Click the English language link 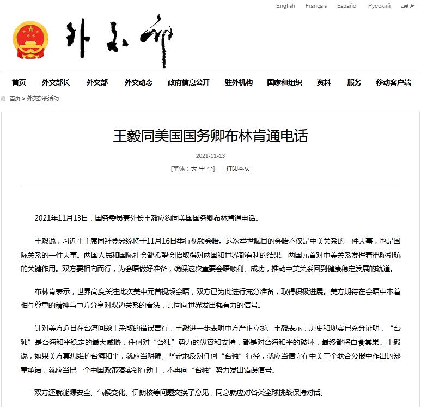click(285, 6)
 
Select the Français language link click(316, 6)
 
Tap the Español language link click(347, 6)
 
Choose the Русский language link click(379, 6)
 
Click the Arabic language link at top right click(407, 6)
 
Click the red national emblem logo click(30, 41)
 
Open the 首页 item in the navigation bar click(19, 82)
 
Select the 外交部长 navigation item click(56, 82)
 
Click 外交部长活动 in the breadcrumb click(43, 99)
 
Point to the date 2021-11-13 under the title click(210, 156)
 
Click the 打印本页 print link click(238, 169)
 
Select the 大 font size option click(193, 169)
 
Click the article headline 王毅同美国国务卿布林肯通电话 click(210, 136)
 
